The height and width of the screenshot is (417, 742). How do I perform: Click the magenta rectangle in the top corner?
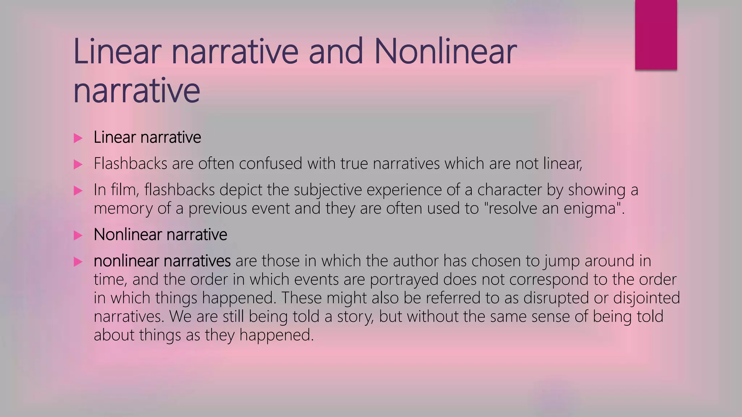pyautogui.click(x=656, y=35)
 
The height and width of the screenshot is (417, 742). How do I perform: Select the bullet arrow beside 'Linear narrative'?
pyautogui.click(x=78, y=138)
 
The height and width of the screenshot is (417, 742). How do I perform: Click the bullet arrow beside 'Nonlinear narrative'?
pyautogui.click(x=78, y=235)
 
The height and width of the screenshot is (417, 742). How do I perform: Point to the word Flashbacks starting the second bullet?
pyautogui.click(x=130, y=164)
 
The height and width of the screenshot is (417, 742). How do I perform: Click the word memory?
pyautogui.click(x=123, y=209)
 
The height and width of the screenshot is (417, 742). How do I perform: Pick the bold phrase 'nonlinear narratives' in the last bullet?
pyautogui.click(x=162, y=261)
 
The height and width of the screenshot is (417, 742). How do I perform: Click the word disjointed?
pyautogui.click(x=646, y=298)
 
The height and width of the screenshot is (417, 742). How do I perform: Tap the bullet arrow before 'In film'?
pyautogui.click(x=78, y=190)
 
